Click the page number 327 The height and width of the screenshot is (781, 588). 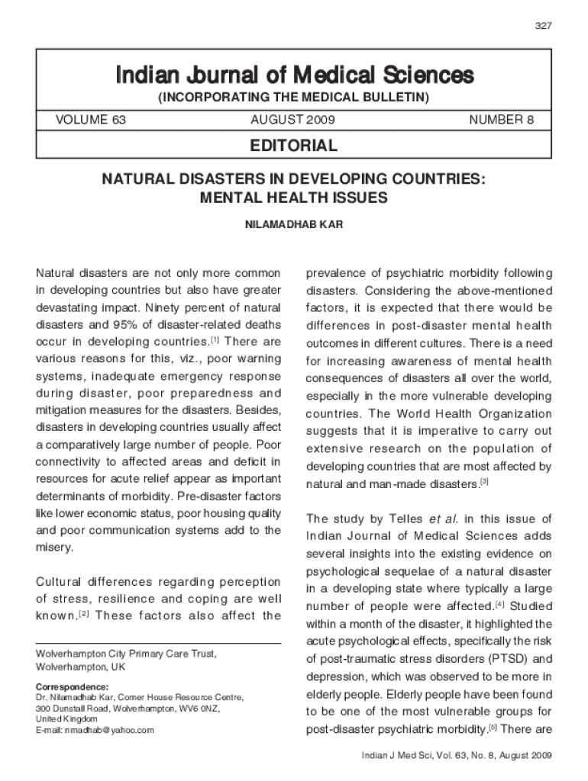(x=544, y=26)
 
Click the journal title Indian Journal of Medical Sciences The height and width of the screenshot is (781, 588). (x=294, y=76)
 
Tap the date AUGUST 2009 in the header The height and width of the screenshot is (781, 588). (x=292, y=121)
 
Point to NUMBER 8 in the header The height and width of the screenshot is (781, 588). (x=502, y=121)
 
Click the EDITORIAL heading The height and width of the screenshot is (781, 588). (x=294, y=146)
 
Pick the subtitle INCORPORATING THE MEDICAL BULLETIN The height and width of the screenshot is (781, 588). (x=294, y=98)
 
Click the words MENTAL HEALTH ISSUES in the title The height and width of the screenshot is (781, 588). (x=294, y=198)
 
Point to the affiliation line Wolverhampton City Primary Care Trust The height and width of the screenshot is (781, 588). (x=127, y=654)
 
